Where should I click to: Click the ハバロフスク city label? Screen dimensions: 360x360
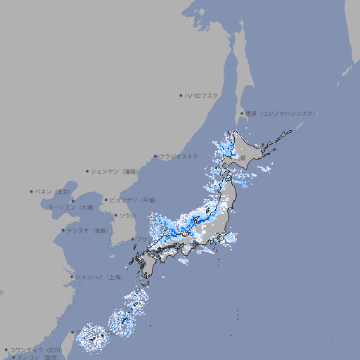[x=201, y=95]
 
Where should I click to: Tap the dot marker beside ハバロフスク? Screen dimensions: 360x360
[x=181, y=95]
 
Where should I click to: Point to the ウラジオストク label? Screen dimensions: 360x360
[x=179, y=156]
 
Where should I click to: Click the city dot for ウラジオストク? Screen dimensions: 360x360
[x=156, y=156]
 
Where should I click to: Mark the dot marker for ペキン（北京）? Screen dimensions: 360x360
[x=32, y=191]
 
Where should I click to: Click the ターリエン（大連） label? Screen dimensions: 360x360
[x=71, y=207]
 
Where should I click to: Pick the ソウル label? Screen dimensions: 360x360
[x=127, y=215]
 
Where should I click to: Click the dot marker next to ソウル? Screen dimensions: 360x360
[x=115, y=215]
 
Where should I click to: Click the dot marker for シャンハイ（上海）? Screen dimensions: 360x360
[x=72, y=277]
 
